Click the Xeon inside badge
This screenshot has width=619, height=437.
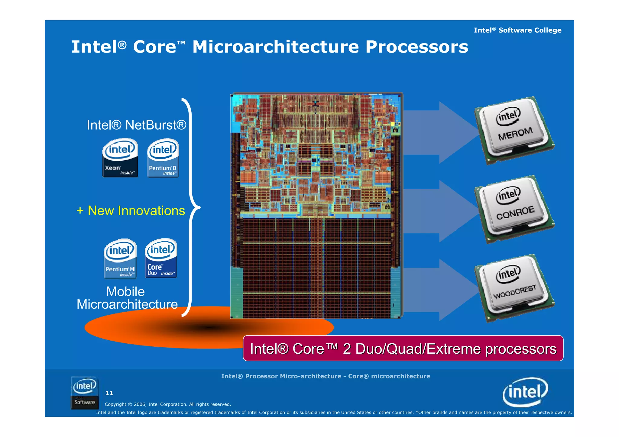tap(120, 158)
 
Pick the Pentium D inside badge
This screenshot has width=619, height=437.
tap(163, 158)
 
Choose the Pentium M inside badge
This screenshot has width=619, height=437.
tap(120, 259)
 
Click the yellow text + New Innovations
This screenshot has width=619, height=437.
tap(131, 210)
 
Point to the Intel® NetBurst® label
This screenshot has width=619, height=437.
tap(136, 125)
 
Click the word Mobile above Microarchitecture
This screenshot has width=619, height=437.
tap(125, 291)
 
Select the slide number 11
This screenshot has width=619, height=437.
tap(109, 393)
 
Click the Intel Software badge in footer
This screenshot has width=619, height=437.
tap(85, 393)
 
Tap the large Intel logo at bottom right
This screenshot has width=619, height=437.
tap(525, 392)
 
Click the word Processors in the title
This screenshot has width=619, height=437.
tap(416, 47)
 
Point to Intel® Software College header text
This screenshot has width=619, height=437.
tap(517, 30)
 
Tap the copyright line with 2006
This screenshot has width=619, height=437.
tap(168, 404)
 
